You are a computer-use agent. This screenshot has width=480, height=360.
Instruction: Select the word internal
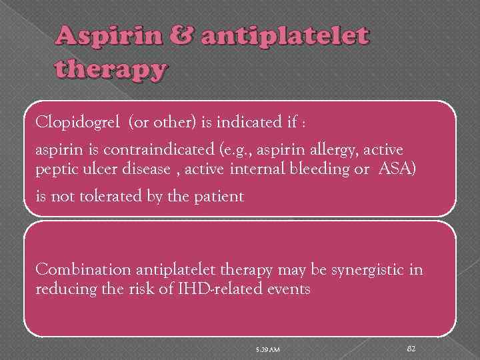[257, 169]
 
